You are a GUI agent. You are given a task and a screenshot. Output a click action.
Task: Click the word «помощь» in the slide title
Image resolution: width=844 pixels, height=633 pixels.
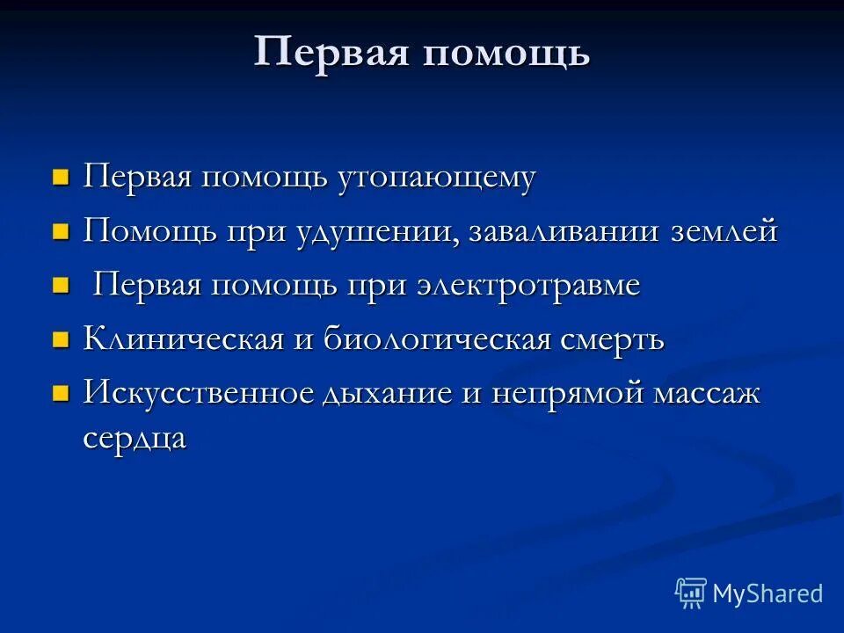[506, 54]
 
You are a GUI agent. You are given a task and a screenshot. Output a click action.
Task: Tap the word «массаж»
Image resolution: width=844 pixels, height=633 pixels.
[707, 393]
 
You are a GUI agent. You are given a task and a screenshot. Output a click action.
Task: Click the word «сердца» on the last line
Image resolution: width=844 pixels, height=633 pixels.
[135, 439]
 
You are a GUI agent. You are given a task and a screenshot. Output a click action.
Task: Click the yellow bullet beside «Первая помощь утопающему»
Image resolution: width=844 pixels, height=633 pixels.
[61, 178]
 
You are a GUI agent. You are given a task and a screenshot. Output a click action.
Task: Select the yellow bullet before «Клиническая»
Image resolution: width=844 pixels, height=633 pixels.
[61, 340]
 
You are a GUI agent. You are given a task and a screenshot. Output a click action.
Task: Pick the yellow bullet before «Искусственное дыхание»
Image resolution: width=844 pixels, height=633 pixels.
[61, 394]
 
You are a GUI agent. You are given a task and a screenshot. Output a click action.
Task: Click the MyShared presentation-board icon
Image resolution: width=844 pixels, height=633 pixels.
[690, 593]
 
